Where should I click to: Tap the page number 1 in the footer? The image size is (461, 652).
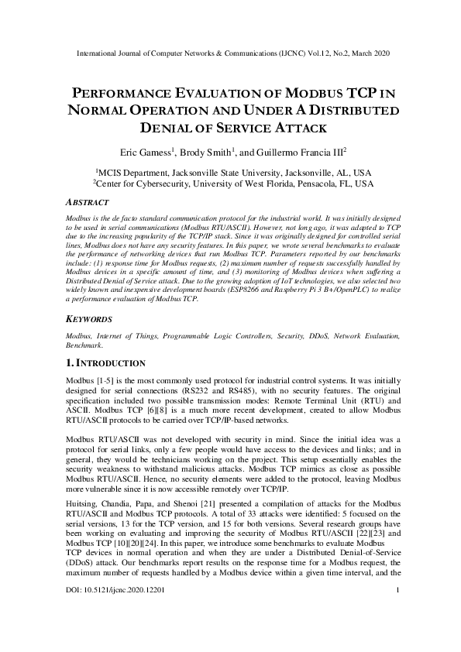click(397, 613)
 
